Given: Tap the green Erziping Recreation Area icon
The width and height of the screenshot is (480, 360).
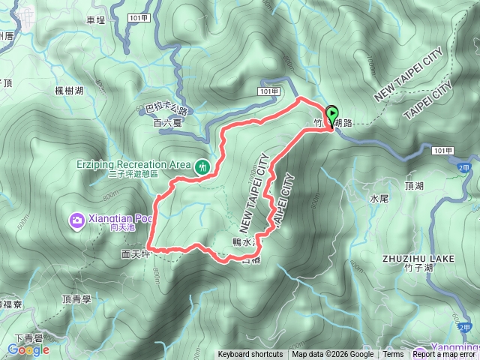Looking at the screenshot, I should click(x=202, y=166).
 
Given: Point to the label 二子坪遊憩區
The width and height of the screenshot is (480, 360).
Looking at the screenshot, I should click(x=123, y=174).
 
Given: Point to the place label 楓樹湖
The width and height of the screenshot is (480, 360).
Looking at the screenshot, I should click(x=69, y=91).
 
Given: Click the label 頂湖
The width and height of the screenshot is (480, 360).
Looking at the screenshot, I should click(x=415, y=184).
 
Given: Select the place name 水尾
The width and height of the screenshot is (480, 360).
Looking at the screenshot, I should click(x=379, y=199).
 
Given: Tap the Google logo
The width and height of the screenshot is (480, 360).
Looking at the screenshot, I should click(x=28, y=349).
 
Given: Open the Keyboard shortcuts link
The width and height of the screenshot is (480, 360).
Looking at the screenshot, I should click(x=250, y=355).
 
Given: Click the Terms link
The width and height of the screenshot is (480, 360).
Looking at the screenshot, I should click(x=393, y=355).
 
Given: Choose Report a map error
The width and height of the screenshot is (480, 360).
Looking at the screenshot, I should click(x=445, y=355).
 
